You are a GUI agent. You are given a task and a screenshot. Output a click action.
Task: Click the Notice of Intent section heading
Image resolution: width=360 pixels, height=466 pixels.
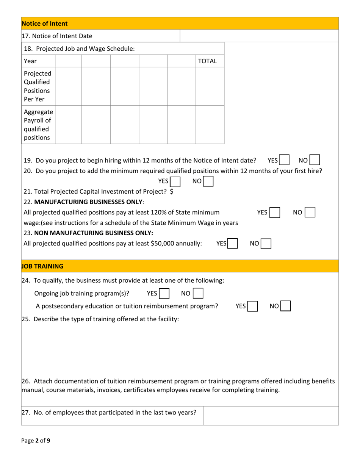pos(45,23)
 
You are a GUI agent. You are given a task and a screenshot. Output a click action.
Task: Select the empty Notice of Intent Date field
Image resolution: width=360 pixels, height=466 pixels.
pos(259,36)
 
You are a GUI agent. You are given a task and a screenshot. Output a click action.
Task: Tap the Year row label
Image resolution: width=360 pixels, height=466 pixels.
pos(30,61)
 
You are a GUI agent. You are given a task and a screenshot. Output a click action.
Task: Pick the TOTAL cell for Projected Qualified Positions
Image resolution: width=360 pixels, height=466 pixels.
pos(210,86)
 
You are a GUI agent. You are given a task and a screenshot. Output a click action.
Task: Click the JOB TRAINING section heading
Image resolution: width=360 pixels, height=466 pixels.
pos(42,266)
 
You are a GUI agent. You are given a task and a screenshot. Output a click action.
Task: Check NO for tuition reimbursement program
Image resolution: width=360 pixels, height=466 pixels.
pos(285,306)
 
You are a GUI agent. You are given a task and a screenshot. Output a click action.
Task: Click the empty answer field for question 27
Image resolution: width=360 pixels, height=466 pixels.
pos(271,416)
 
